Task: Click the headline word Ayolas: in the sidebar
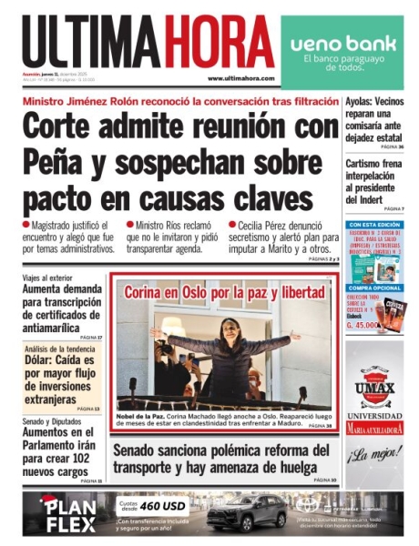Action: (362, 103)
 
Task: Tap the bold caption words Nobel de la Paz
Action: (142, 414)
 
